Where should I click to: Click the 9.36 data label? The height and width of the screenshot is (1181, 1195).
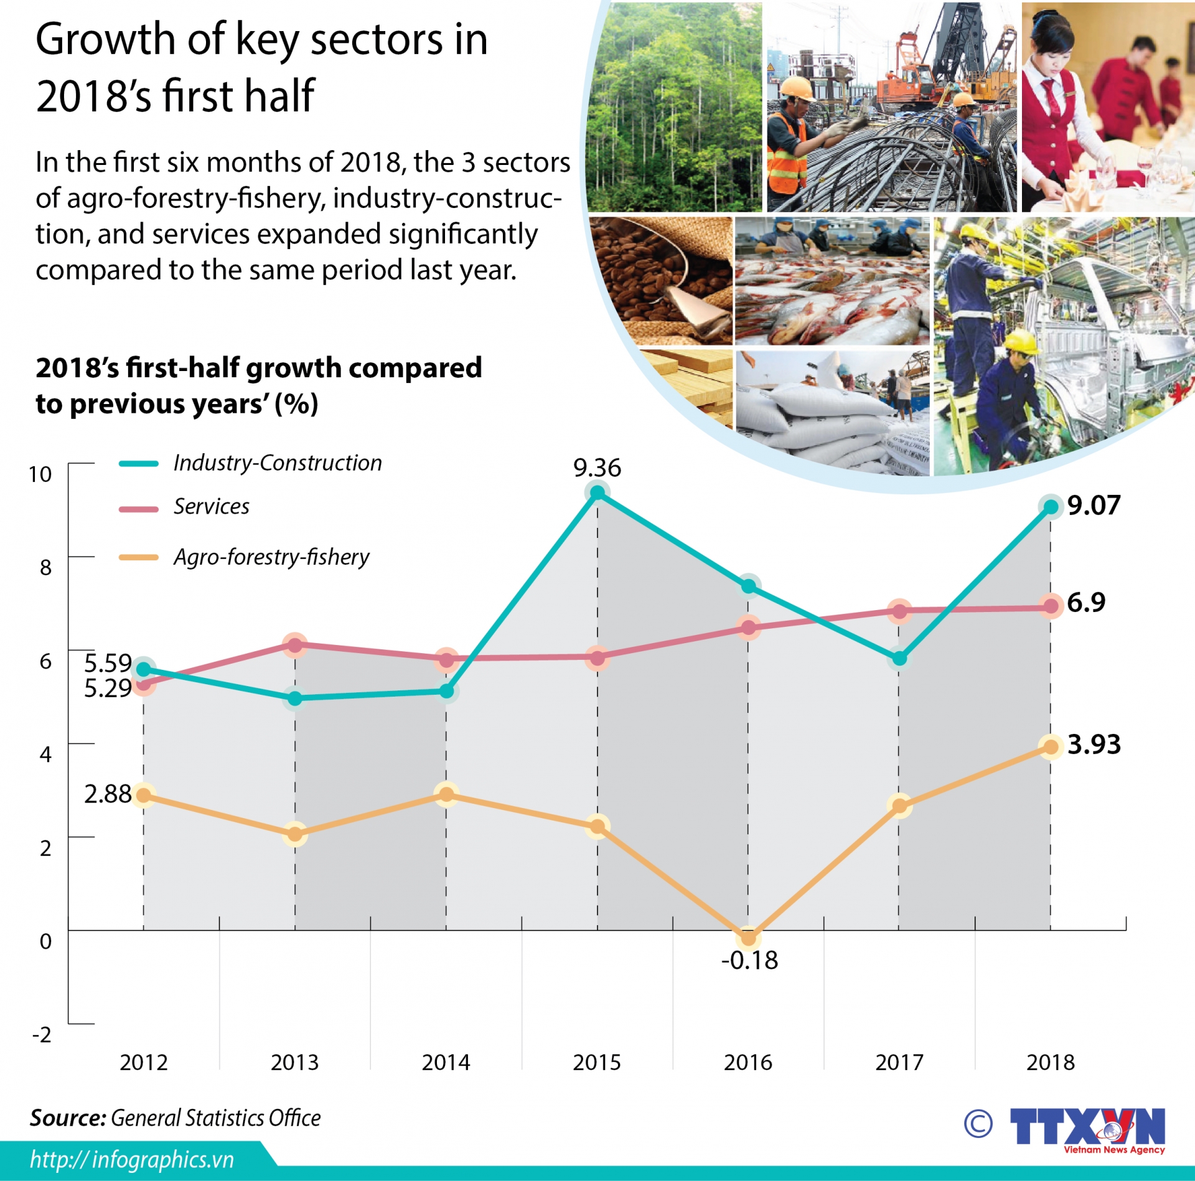[597, 468]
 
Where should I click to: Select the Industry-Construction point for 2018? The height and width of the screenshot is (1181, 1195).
[1051, 507]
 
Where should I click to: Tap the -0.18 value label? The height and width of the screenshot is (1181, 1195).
[749, 961]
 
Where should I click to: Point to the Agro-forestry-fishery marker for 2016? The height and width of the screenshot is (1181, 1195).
[749, 938]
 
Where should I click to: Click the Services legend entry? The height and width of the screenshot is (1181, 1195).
[211, 507]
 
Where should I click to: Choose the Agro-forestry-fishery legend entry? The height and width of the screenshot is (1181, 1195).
[271, 557]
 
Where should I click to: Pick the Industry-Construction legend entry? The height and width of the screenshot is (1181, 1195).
[277, 463]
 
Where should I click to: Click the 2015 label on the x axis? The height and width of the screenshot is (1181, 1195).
[597, 1063]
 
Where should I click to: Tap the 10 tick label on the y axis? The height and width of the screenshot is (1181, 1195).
[40, 474]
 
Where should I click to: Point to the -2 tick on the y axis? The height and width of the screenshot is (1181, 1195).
[42, 1035]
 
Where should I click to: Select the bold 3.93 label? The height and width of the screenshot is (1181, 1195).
[1094, 745]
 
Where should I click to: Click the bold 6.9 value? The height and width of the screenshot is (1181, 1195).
[1086, 603]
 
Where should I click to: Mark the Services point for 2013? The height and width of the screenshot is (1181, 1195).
[295, 645]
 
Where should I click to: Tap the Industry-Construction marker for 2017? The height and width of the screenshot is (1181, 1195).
[899, 658]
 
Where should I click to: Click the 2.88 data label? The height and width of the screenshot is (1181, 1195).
[108, 794]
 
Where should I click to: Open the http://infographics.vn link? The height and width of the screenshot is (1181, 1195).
[132, 1160]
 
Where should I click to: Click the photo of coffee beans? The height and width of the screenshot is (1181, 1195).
[660, 280]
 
